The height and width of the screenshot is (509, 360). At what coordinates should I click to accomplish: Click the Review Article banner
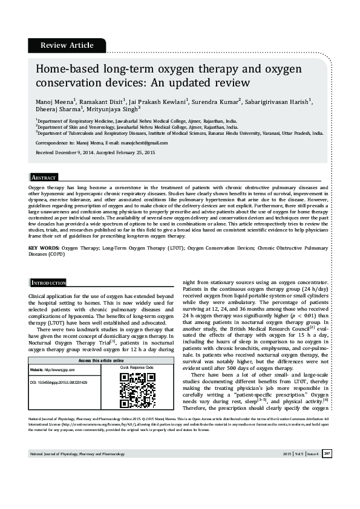67,45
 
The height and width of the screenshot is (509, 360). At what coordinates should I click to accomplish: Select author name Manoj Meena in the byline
55,101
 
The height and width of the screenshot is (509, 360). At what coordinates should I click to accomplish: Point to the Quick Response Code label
137,368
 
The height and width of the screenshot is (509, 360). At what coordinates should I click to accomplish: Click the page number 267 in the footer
327,470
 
